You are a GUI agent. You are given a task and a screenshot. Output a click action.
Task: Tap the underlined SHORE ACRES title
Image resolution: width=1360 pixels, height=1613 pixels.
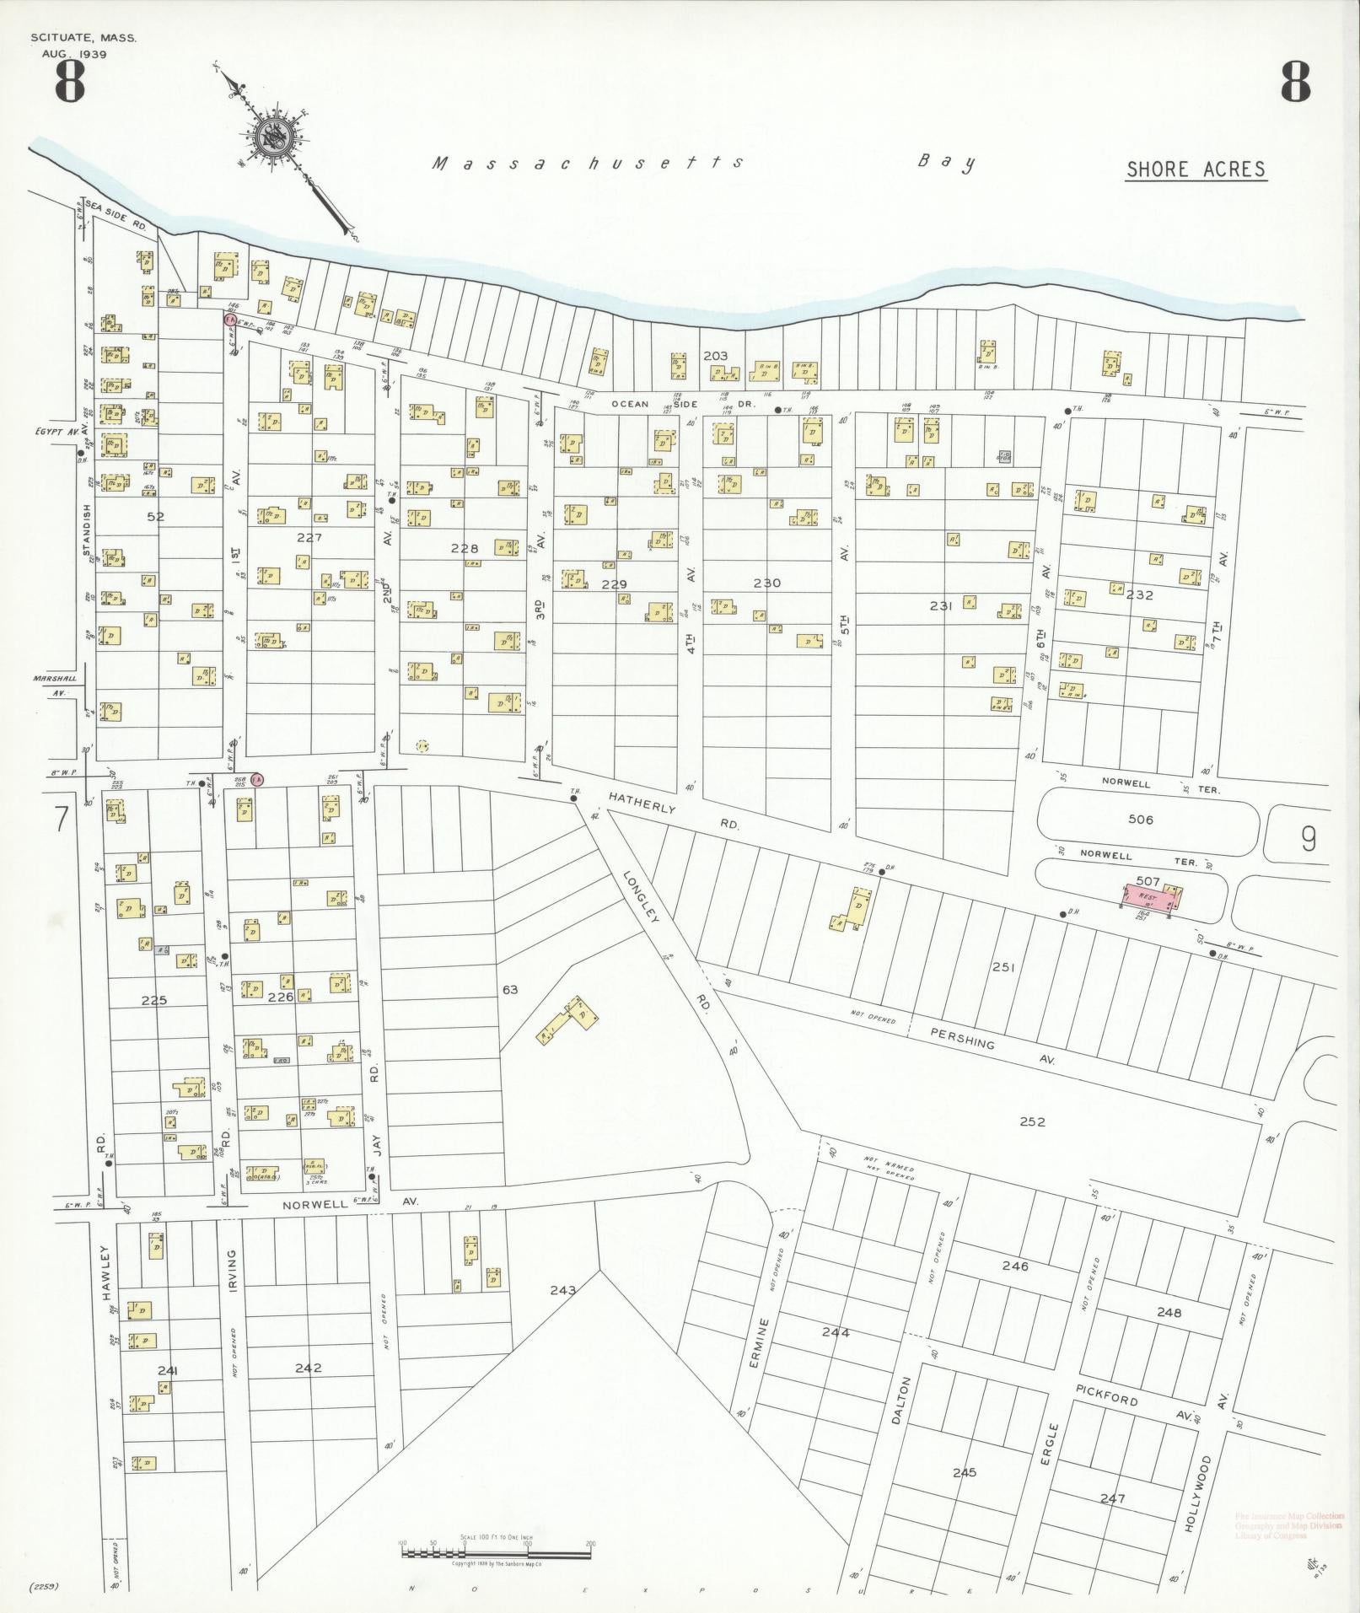click(x=1196, y=169)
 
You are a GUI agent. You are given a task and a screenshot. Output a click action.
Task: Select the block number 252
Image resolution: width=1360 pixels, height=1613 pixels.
click(x=1032, y=1121)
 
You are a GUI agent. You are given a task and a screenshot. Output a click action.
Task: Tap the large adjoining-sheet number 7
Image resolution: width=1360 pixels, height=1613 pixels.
click(x=61, y=820)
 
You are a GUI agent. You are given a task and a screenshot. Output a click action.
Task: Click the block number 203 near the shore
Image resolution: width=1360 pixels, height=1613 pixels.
click(x=714, y=357)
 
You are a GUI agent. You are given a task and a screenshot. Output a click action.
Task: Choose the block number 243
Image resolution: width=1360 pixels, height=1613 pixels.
click(x=562, y=1290)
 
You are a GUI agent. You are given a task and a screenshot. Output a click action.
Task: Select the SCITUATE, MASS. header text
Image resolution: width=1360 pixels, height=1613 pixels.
click(x=83, y=39)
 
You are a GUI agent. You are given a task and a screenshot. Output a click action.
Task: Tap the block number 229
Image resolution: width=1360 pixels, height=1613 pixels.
click(x=614, y=584)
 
